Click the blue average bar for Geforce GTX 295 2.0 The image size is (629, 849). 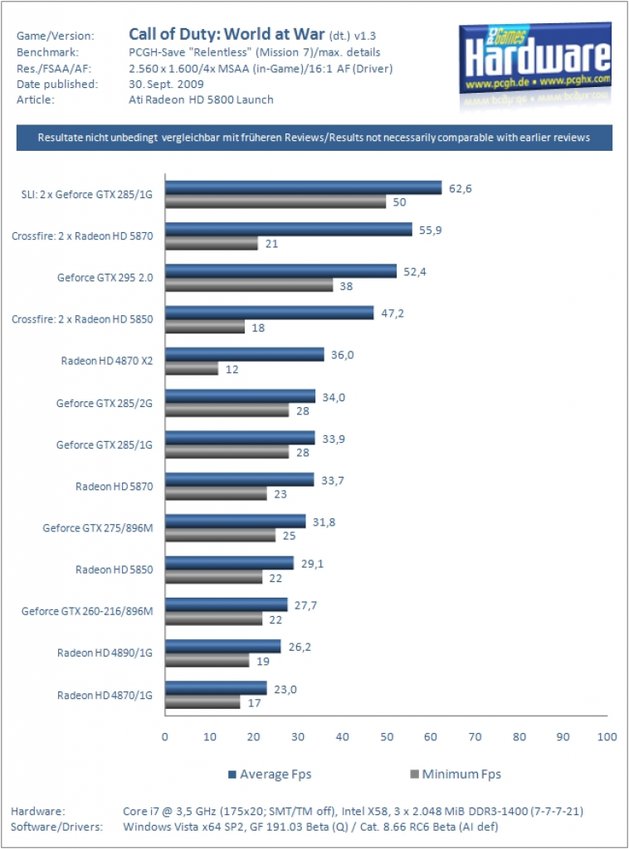281,271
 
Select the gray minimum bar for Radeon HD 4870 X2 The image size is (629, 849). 192,369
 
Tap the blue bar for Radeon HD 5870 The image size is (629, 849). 240,479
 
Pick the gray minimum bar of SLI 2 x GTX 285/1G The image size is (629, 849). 275,202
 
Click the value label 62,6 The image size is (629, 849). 461,188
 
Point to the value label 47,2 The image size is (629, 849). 393,313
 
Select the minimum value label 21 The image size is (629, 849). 272,245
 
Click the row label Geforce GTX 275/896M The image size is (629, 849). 98,528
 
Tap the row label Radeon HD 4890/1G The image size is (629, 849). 105,653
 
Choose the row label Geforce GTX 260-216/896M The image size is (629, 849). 87,611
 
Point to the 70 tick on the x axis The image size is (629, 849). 475,737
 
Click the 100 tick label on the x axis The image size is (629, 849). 607,737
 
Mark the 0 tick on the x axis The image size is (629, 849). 164,737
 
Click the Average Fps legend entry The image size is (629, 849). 270,774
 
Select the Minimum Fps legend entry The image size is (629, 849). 456,774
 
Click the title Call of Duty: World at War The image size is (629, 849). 227,34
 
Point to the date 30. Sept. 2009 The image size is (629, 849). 166,85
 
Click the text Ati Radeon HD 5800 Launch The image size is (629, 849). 201,100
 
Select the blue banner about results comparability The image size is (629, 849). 314,138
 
